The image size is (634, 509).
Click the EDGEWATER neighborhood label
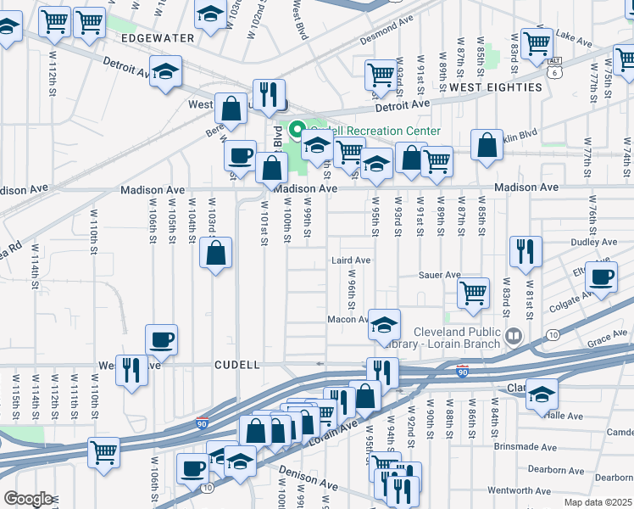tap(158, 39)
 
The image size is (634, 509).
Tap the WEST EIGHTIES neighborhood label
tap(496, 87)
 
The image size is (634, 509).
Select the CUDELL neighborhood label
tap(236, 365)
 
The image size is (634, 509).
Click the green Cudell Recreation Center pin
tap(297, 131)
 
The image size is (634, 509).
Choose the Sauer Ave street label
tap(440, 275)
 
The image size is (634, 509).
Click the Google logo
tap(28, 499)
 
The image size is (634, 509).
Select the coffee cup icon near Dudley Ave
tap(603, 277)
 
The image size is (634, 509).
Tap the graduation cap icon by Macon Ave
tap(384, 324)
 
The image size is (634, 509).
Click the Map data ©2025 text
tap(598, 502)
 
